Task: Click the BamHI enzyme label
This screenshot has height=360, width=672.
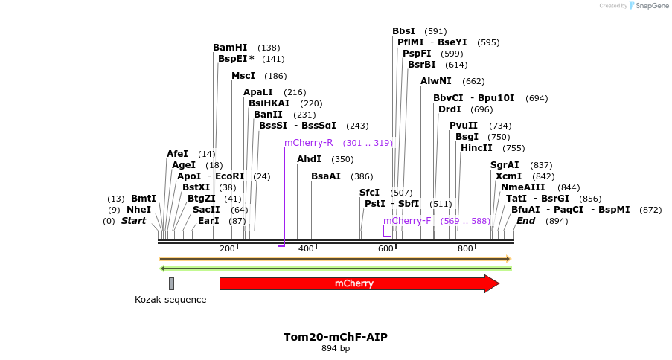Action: point(230,48)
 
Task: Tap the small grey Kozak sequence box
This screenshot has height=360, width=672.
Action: point(171,283)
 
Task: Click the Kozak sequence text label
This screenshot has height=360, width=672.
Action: point(170,300)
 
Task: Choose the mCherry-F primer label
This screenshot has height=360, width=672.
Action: point(407,221)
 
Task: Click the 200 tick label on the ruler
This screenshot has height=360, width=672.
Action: point(227,248)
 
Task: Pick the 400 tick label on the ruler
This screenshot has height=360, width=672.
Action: point(306,248)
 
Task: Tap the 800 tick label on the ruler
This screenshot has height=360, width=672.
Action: point(465,248)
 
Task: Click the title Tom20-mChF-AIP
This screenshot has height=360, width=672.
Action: point(335,337)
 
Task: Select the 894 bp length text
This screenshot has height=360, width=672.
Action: point(335,348)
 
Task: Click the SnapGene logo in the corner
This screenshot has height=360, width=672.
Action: point(646,6)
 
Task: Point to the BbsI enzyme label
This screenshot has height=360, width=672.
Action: point(403,31)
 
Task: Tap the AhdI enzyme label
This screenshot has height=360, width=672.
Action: point(309,159)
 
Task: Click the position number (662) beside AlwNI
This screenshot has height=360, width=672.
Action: point(473,81)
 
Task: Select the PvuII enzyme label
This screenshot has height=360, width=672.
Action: point(464,126)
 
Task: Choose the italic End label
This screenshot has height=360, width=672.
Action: point(525,221)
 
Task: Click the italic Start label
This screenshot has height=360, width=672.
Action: point(134,221)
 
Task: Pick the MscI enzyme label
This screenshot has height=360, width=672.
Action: point(243,76)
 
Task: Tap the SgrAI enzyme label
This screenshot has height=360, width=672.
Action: point(505,165)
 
